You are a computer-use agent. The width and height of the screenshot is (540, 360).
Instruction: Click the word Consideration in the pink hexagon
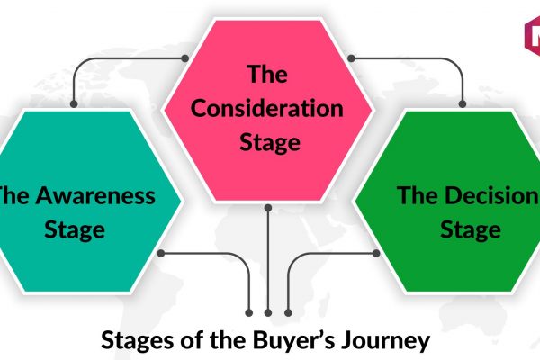click(x=267, y=108)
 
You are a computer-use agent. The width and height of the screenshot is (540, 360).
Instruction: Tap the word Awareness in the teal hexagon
click(x=95, y=195)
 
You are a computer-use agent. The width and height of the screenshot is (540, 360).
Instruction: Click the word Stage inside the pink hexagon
click(x=270, y=143)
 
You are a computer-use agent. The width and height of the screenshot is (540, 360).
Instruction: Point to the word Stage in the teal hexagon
click(x=75, y=230)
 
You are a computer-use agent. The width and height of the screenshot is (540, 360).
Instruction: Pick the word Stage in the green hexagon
click(x=471, y=230)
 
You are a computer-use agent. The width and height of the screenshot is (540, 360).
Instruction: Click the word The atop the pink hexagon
click(x=267, y=74)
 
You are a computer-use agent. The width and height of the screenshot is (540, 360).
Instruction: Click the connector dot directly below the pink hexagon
click(x=268, y=208)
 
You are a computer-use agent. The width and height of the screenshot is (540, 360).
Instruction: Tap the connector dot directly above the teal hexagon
click(x=74, y=103)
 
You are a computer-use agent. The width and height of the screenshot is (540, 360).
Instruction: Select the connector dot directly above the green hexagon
click(x=463, y=103)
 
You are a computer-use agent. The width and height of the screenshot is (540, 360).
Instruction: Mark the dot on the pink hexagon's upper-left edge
click(x=184, y=58)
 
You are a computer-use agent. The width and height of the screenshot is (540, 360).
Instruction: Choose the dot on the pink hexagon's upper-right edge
click(x=351, y=58)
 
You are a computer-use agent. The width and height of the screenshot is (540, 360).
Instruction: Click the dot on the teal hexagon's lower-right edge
click(x=161, y=254)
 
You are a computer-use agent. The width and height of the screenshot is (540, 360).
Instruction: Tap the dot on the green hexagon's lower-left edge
click(x=376, y=254)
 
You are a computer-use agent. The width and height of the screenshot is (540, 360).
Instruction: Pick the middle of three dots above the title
click(x=268, y=313)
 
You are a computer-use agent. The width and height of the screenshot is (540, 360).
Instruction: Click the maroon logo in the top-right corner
click(x=532, y=37)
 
